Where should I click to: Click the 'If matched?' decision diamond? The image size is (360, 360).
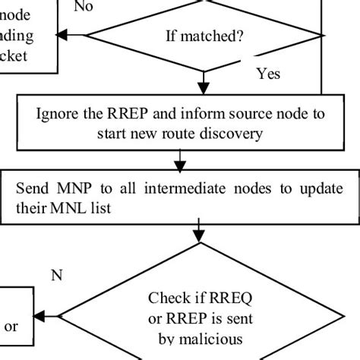pos(204,36)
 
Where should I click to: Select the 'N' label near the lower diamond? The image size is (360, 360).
pos(55,276)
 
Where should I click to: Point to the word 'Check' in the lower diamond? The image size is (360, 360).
pos(169,298)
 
